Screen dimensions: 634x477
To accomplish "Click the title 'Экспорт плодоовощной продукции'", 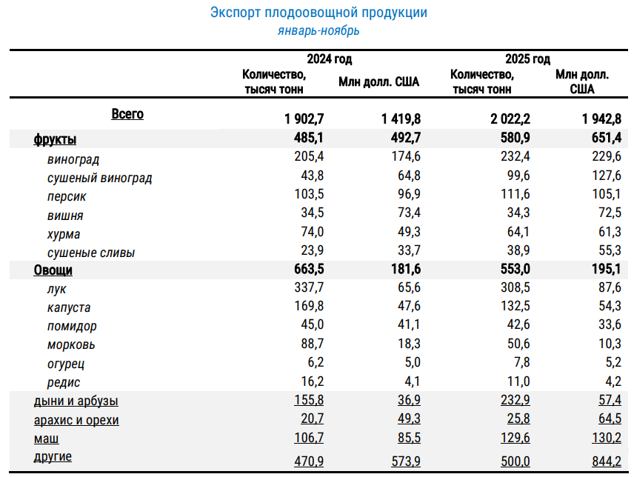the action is click(x=318, y=13).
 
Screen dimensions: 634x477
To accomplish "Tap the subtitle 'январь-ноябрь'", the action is click(x=318, y=30).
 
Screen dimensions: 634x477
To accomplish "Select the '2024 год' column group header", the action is click(x=329, y=59).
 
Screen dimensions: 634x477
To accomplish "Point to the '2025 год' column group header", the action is click(x=527, y=59).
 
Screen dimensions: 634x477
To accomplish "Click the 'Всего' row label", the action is click(x=127, y=114).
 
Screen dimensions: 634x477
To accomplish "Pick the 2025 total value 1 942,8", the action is click(x=601, y=119).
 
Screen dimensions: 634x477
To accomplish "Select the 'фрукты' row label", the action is click(x=55, y=139).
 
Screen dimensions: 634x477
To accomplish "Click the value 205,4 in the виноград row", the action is click(x=309, y=156).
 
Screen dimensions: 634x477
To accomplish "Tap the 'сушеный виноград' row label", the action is click(x=99, y=179).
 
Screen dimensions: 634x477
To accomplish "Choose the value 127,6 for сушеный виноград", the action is click(x=607, y=176).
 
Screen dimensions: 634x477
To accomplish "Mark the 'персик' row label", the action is click(x=67, y=197).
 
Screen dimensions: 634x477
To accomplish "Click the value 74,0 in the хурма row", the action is click(x=312, y=232).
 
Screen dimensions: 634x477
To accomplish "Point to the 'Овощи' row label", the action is click(x=53, y=270).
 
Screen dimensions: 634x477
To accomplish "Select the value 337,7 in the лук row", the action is click(x=309, y=287).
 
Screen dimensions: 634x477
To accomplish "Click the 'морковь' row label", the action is click(x=71, y=345).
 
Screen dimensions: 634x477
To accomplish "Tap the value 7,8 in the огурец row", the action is click(x=521, y=362).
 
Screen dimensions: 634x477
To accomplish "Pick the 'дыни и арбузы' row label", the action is click(x=76, y=401).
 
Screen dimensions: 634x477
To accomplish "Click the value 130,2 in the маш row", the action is click(x=607, y=438).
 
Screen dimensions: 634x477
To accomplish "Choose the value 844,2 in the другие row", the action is click(x=607, y=461).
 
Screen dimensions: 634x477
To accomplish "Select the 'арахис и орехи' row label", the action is click(x=76, y=421).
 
